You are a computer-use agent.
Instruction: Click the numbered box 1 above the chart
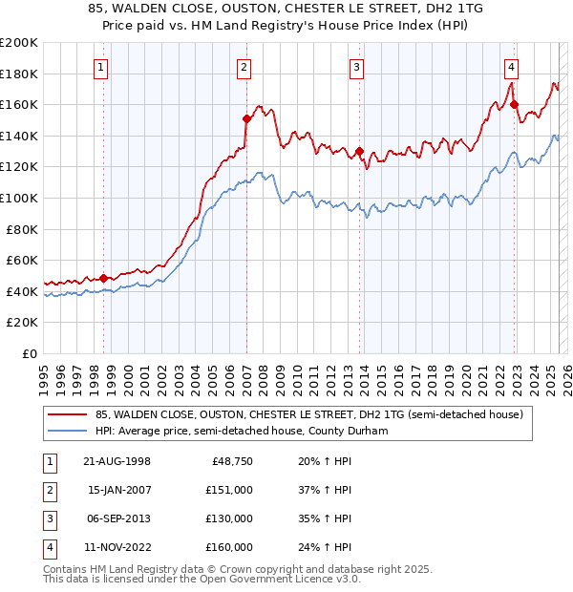[101, 67]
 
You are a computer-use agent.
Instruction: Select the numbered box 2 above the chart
[244, 67]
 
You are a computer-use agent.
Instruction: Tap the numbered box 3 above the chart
[356, 67]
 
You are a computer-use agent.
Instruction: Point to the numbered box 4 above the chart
[512, 67]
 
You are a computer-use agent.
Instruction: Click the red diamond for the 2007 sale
[246, 118]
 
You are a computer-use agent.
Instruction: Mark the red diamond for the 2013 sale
[359, 151]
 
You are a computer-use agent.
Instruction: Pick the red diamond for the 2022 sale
[514, 104]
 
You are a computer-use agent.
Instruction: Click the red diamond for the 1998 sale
[104, 278]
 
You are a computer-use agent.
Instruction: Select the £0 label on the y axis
[29, 353]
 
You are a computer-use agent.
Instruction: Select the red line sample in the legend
[67, 415]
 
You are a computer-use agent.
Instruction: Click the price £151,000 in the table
[230, 490]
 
